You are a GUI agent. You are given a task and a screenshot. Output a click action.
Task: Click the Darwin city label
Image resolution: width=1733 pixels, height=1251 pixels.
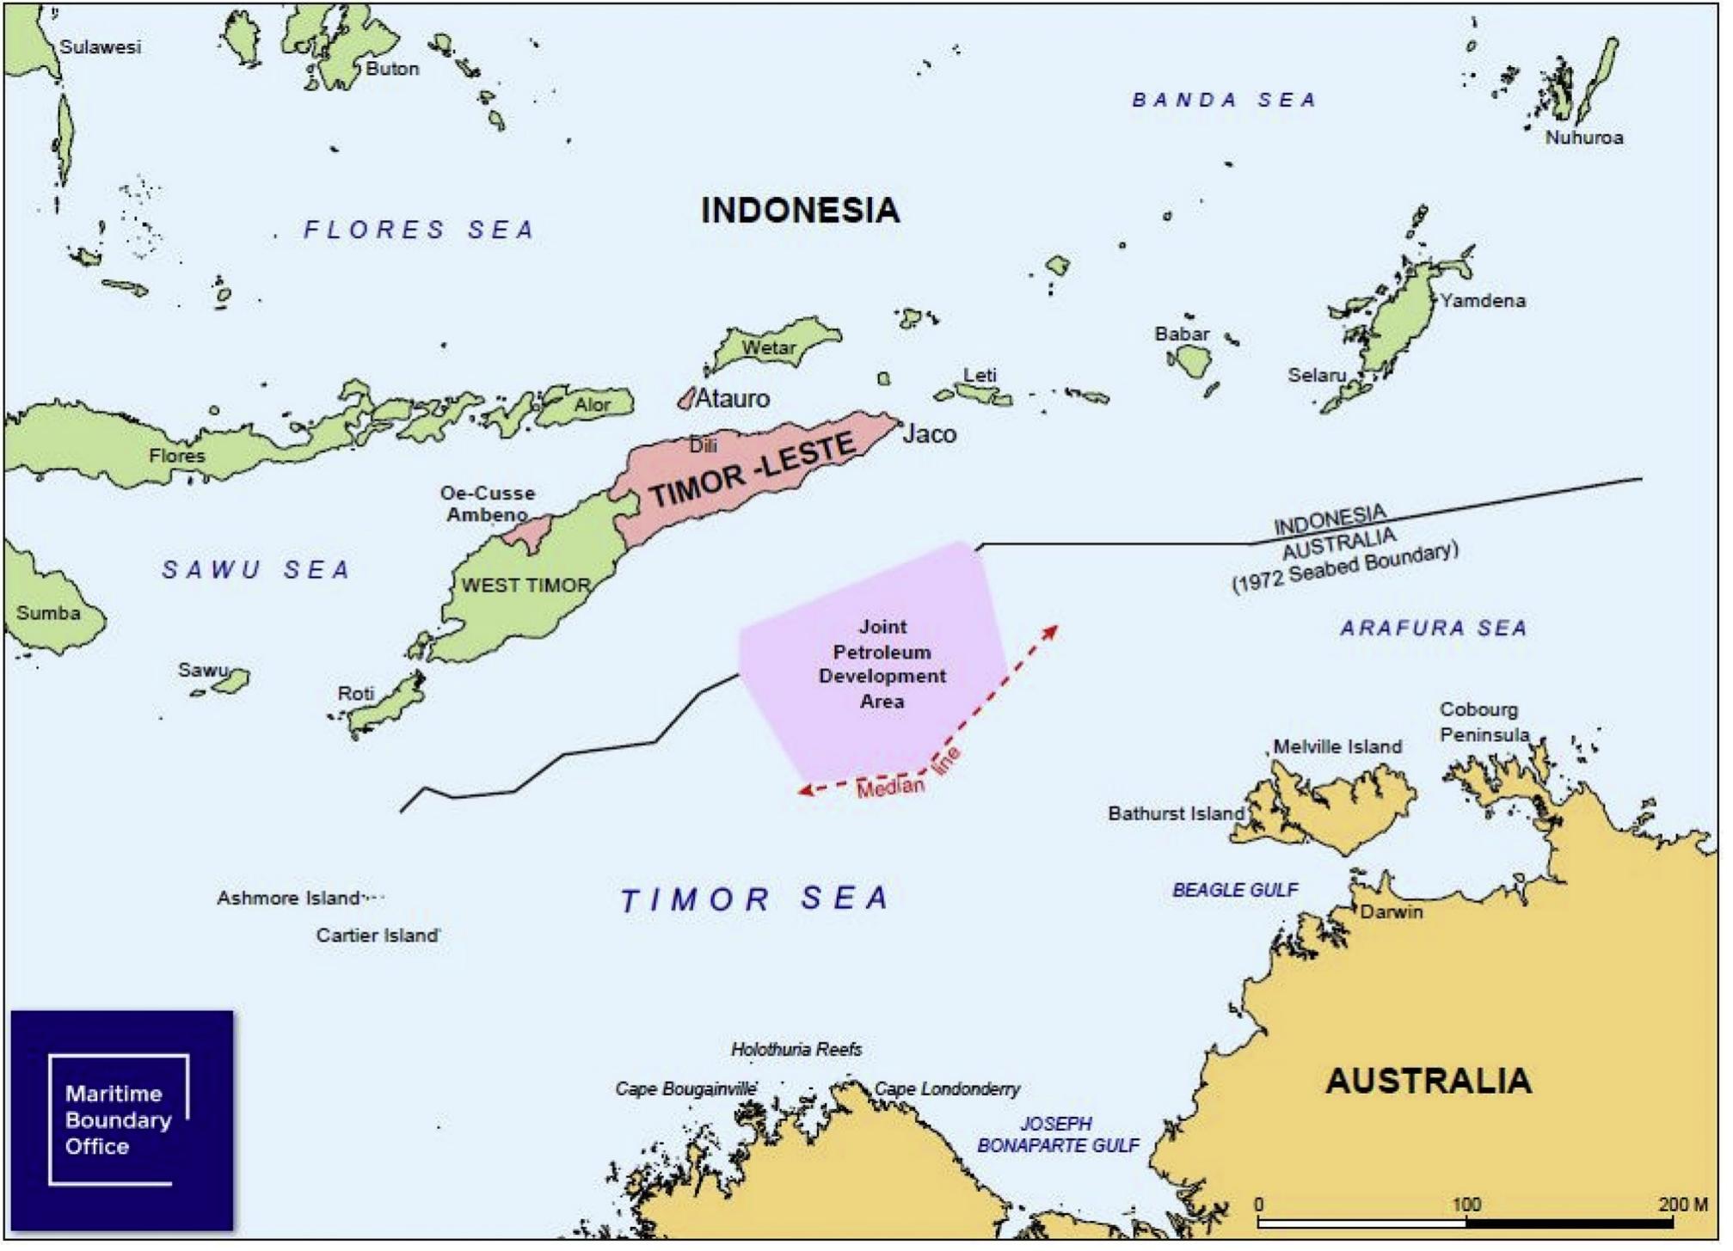point(1391,911)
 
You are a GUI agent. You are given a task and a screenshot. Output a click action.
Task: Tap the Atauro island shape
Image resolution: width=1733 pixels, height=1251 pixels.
point(686,397)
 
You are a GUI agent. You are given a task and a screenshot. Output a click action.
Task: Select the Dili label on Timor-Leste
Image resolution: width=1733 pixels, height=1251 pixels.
point(703,445)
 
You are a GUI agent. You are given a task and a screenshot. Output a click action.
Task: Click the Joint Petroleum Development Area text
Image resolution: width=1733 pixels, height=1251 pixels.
point(882,664)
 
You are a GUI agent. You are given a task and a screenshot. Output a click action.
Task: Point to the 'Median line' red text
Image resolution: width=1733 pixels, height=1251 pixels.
point(907,776)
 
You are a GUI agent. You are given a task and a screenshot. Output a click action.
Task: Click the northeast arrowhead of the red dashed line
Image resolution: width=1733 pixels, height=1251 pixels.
point(1052,630)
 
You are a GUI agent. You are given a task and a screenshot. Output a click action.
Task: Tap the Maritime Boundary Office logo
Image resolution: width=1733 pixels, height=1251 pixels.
point(121,1119)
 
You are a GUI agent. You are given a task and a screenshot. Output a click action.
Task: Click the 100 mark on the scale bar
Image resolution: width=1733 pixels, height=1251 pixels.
point(1466,1204)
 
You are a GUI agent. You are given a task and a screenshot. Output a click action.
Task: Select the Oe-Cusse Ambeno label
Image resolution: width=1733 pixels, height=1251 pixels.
point(487,504)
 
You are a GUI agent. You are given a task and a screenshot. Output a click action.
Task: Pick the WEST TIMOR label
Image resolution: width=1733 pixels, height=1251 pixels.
point(525,586)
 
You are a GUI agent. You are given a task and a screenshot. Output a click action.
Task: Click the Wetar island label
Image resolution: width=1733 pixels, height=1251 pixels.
point(768,347)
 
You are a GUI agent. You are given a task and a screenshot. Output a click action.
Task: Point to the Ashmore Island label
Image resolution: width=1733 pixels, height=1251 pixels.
point(288,898)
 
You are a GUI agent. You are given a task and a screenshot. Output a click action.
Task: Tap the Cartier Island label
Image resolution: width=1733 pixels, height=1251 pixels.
point(377,935)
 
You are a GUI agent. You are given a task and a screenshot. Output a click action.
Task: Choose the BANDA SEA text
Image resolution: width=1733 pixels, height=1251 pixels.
point(1224,100)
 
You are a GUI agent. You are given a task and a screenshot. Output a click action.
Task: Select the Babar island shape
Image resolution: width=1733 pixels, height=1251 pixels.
point(1194,360)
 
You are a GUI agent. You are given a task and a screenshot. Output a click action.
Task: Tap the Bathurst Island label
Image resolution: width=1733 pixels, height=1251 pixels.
point(1176,813)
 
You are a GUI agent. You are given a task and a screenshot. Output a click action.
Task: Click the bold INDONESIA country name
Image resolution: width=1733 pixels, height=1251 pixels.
point(800,211)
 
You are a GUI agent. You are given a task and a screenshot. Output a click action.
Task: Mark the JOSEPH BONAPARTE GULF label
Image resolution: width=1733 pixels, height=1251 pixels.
point(1057,1135)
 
